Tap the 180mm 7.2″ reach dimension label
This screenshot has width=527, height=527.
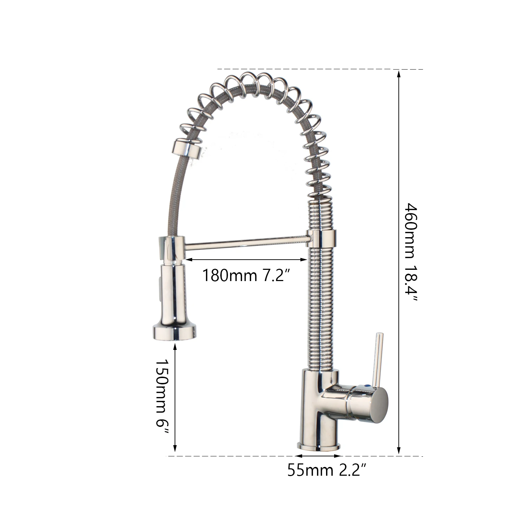point(246,275)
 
